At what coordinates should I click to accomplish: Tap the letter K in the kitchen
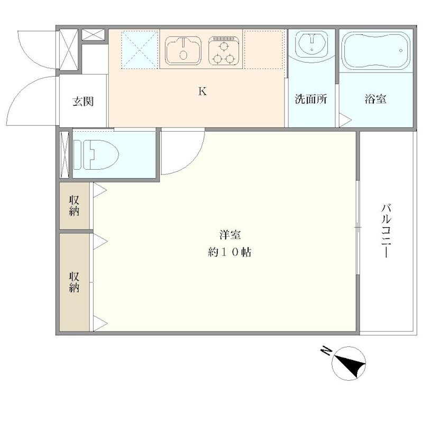point(202,91)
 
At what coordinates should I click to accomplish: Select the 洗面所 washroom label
point(310,99)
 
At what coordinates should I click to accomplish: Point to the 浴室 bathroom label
point(375,99)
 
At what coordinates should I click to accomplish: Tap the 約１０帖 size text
point(229,253)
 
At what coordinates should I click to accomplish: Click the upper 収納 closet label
point(74,205)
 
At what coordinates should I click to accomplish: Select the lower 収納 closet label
point(74,282)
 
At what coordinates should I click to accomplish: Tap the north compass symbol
point(350,364)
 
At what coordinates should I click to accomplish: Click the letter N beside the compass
point(326,351)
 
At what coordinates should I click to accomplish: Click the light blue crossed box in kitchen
point(140,50)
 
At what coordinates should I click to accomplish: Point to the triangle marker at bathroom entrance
point(344,120)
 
